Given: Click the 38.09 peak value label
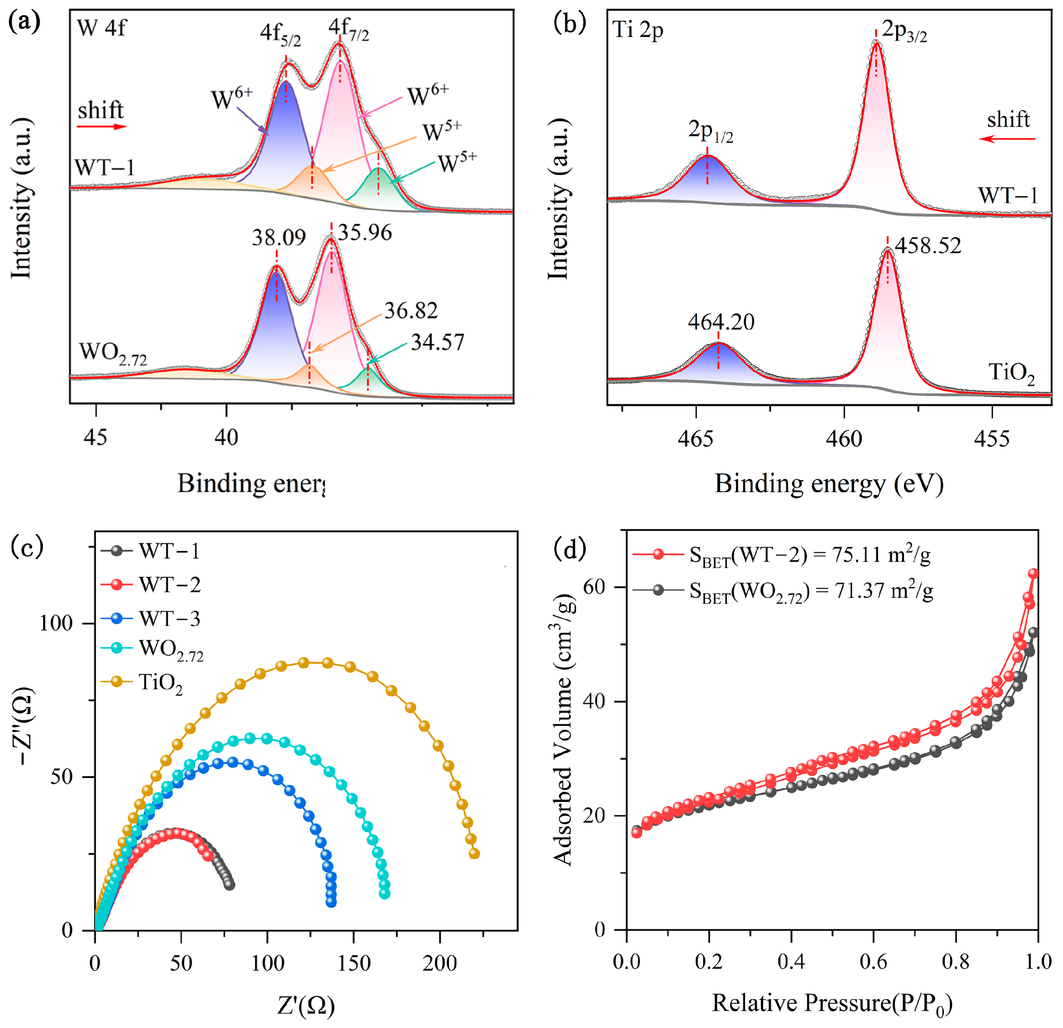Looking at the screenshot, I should pos(278,238).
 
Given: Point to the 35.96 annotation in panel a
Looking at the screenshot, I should pos(365,233).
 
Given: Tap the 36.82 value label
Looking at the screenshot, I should pos(411,311).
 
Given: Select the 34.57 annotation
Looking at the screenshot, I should pos(437,343).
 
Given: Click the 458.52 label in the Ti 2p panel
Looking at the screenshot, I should pos(928,246).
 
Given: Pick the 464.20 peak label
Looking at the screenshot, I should pos(721,323).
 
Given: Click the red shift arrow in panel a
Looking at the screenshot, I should pos(101,127).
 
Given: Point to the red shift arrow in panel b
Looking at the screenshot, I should pos(1007,139).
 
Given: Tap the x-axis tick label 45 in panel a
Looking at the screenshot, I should pos(96,437).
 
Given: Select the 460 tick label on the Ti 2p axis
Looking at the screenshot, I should pos(844,438).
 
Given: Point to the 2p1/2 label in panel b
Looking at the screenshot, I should pos(711,132).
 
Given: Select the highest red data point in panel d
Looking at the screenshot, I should pos(1033,574).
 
